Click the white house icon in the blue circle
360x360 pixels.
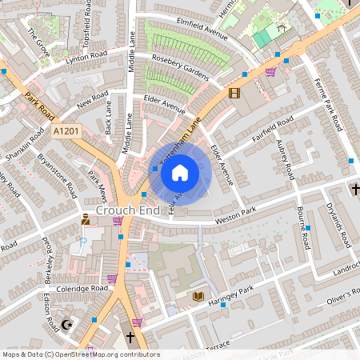click(180, 172)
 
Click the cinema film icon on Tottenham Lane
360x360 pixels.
click(234, 93)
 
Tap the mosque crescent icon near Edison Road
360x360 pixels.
click(67, 325)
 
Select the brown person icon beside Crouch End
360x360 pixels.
click(86, 218)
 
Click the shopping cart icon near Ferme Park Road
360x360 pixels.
click(270, 72)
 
